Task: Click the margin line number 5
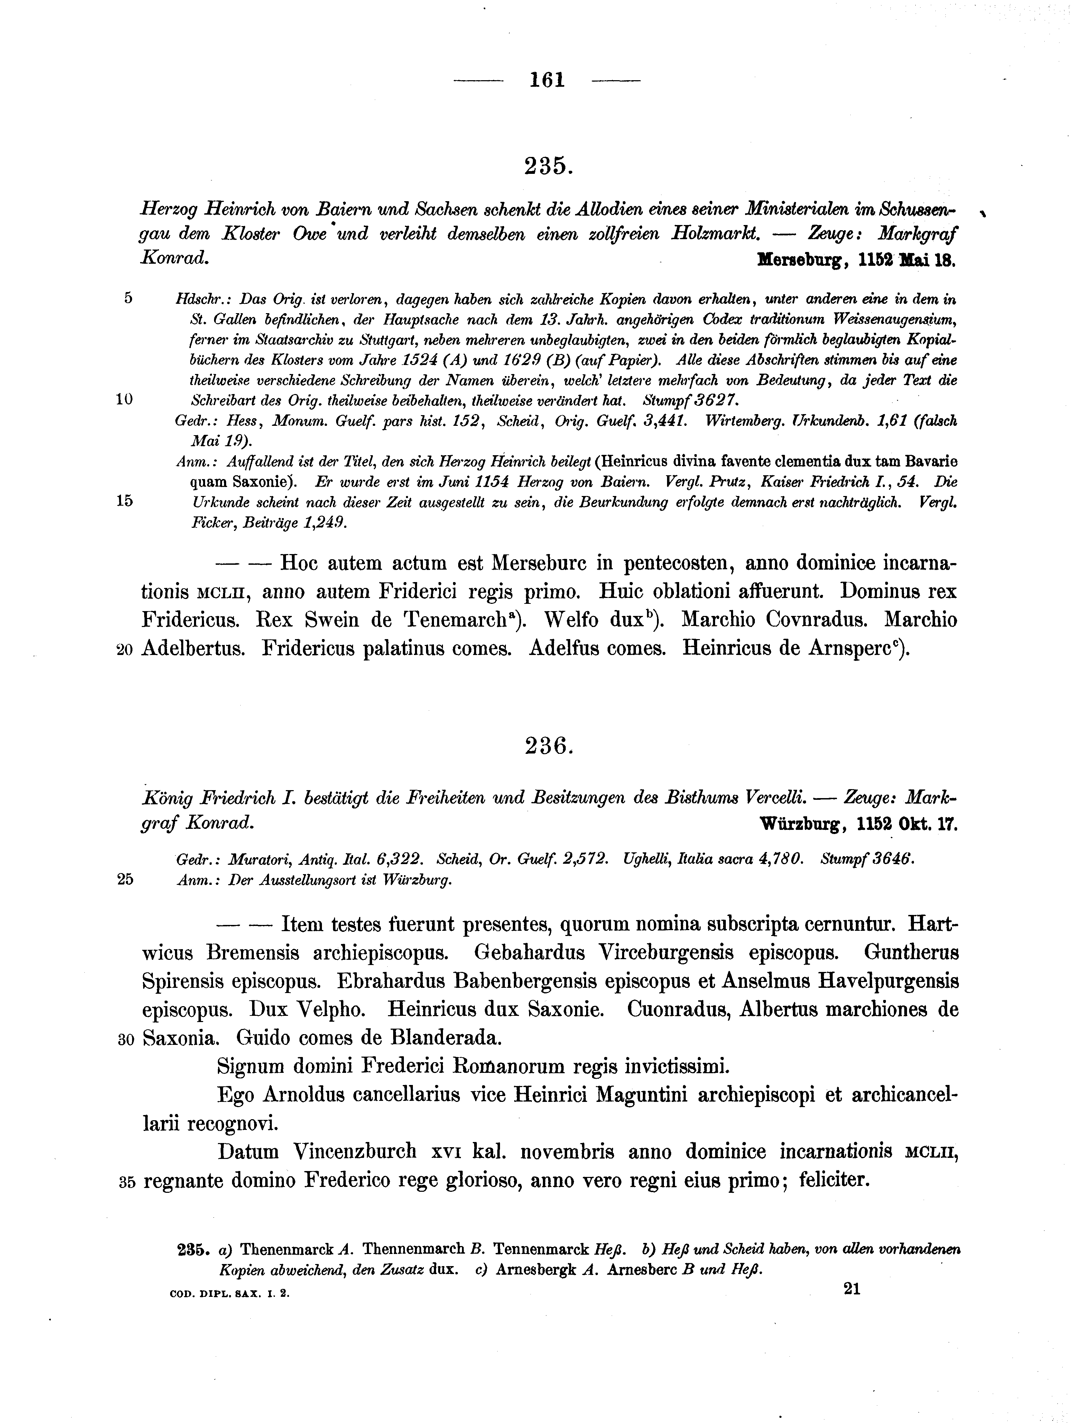(x=128, y=298)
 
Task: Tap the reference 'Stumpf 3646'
(x=867, y=858)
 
